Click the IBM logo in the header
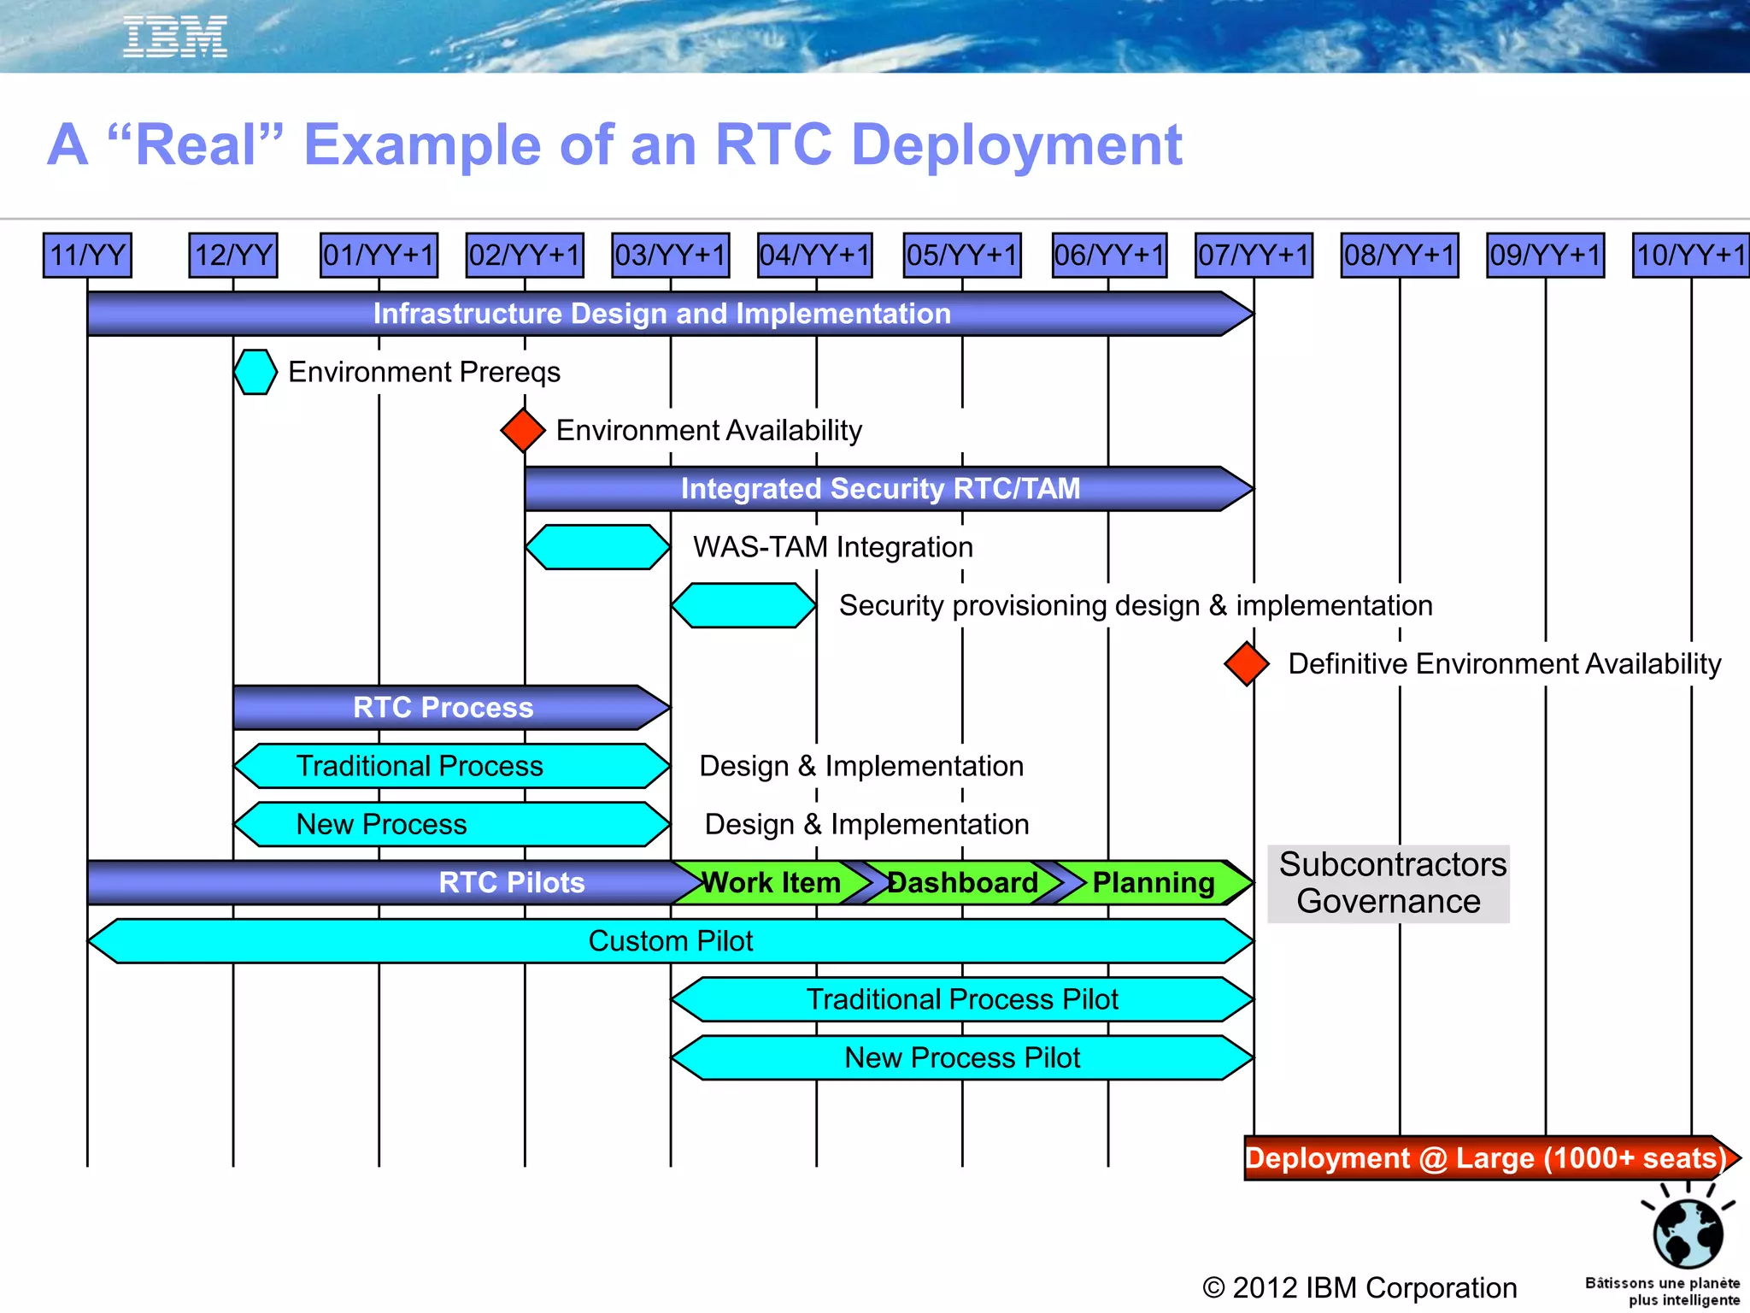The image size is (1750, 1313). click(175, 37)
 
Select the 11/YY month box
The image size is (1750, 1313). click(87, 255)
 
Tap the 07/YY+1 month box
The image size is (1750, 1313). click(1254, 255)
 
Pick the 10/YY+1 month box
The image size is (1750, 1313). click(1690, 255)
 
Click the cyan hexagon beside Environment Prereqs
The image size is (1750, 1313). click(255, 372)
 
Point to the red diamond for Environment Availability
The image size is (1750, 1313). click(523, 430)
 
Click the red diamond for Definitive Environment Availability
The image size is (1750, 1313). click(1246, 663)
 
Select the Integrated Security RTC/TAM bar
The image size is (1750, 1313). click(880, 489)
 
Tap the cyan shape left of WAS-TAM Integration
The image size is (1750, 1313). click(597, 547)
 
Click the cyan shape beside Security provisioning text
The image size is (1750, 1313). click(743, 605)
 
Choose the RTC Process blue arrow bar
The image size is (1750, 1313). click(443, 708)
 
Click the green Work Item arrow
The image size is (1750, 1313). click(771, 882)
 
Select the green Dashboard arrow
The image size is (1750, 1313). click(962, 882)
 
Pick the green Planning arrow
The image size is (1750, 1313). click(1154, 882)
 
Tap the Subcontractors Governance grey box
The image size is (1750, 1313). click(1389, 883)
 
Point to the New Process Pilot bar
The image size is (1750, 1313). click(962, 1058)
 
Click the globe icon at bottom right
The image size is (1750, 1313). click(1688, 1232)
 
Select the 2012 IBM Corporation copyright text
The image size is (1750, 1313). click(1359, 1287)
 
